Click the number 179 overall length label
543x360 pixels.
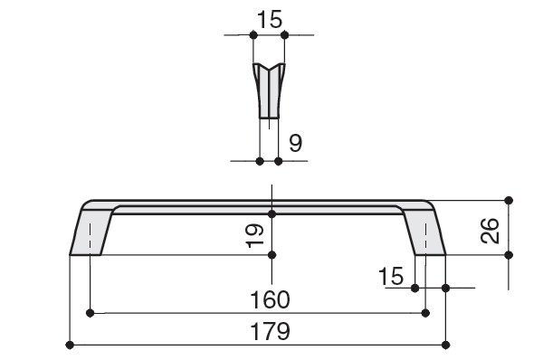(270, 332)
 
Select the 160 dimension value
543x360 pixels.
(270, 299)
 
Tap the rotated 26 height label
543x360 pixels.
(491, 231)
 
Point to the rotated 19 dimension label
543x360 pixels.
(255, 236)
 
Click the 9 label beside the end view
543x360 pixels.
(295, 143)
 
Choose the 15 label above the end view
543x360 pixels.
(270, 20)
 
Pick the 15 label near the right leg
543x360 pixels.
(391, 276)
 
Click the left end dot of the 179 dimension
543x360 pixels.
(70, 345)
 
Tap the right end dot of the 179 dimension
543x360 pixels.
(445, 345)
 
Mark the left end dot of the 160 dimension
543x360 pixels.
(90, 313)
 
